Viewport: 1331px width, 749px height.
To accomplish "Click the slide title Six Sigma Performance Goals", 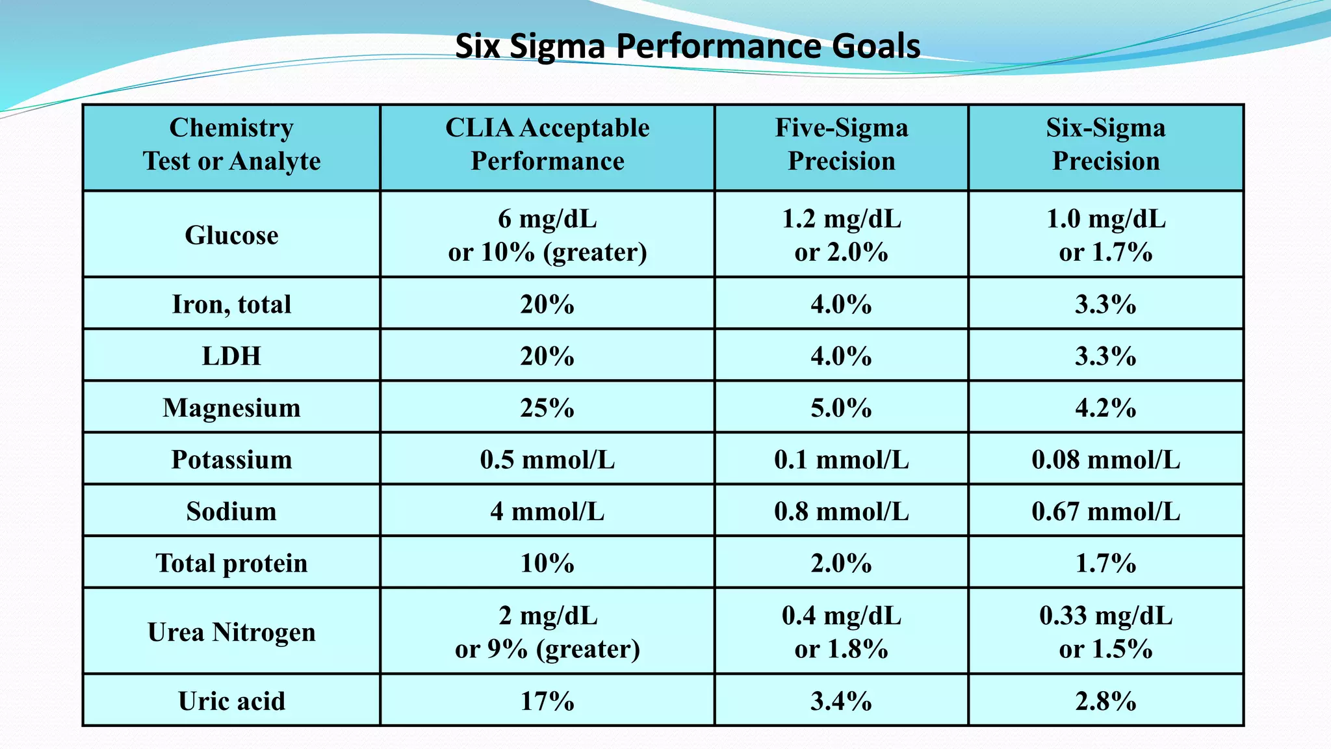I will click(x=687, y=47).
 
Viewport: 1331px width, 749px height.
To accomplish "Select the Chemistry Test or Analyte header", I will click(x=231, y=144).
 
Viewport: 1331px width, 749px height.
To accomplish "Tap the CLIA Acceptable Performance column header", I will click(x=547, y=144).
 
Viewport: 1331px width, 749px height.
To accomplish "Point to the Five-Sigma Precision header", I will click(x=841, y=144).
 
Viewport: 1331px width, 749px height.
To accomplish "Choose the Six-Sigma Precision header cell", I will click(x=1105, y=144).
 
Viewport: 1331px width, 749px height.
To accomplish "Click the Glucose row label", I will click(x=231, y=235).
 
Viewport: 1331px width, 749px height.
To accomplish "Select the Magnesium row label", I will click(x=231, y=408).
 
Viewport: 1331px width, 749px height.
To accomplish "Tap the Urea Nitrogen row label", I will click(x=231, y=632).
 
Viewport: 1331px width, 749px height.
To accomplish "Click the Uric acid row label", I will click(x=231, y=701).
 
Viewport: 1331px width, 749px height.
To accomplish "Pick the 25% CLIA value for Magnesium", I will click(x=547, y=408).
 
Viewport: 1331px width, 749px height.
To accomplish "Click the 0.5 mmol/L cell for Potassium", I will click(x=547, y=460).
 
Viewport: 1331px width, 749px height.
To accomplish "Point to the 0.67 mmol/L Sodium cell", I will click(x=1105, y=512).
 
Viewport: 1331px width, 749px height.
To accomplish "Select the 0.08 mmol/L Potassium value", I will click(x=1105, y=460).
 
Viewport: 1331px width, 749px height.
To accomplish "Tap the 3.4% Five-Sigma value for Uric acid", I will click(x=841, y=701).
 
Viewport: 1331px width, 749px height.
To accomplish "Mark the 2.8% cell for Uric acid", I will click(x=1105, y=701).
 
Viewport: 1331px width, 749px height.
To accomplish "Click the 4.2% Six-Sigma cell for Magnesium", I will click(x=1105, y=408).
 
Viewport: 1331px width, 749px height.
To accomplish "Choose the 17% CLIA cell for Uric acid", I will click(x=547, y=701).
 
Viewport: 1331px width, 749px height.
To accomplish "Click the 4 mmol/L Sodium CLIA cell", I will click(x=547, y=512).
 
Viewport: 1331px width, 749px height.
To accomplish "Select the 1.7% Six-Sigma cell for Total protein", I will click(x=1105, y=563).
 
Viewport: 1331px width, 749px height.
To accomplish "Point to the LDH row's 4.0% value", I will click(x=841, y=356).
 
